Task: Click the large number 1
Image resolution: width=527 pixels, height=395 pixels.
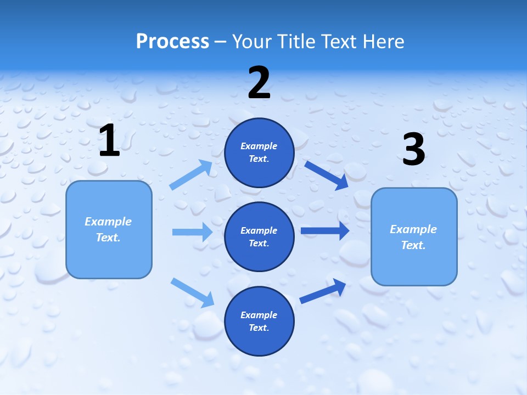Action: click(109, 141)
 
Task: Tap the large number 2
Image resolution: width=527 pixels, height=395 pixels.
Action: click(259, 83)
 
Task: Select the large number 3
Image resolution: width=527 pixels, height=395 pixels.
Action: click(413, 150)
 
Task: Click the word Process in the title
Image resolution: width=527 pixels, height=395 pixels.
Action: click(172, 41)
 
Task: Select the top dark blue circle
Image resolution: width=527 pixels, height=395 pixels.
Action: click(259, 153)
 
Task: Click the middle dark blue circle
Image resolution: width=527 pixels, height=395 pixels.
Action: click(259, 236)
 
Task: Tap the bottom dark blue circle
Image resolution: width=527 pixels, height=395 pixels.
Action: click(259, 321)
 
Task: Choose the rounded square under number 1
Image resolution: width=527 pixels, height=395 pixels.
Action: click(109, 229)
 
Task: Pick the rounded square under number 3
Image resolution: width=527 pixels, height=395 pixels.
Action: click(414, 236)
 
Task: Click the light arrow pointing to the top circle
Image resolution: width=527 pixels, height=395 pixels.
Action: click(191, 175)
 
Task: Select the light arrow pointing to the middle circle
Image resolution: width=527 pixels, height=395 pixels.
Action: click(192, 232)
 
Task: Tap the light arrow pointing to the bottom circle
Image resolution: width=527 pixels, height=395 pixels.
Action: click(192, 292)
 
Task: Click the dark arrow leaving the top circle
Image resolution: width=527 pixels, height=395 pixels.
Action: click(326, 175)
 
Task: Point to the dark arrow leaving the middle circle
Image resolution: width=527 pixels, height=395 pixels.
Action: click(325, 231)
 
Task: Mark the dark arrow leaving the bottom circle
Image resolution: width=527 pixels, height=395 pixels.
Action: click(323, 291)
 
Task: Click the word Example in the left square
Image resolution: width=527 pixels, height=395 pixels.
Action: click(108, 222)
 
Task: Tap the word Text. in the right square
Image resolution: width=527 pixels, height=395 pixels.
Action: click(413, 245)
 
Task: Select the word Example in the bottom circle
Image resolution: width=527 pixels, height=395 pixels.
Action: click(259, 315)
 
